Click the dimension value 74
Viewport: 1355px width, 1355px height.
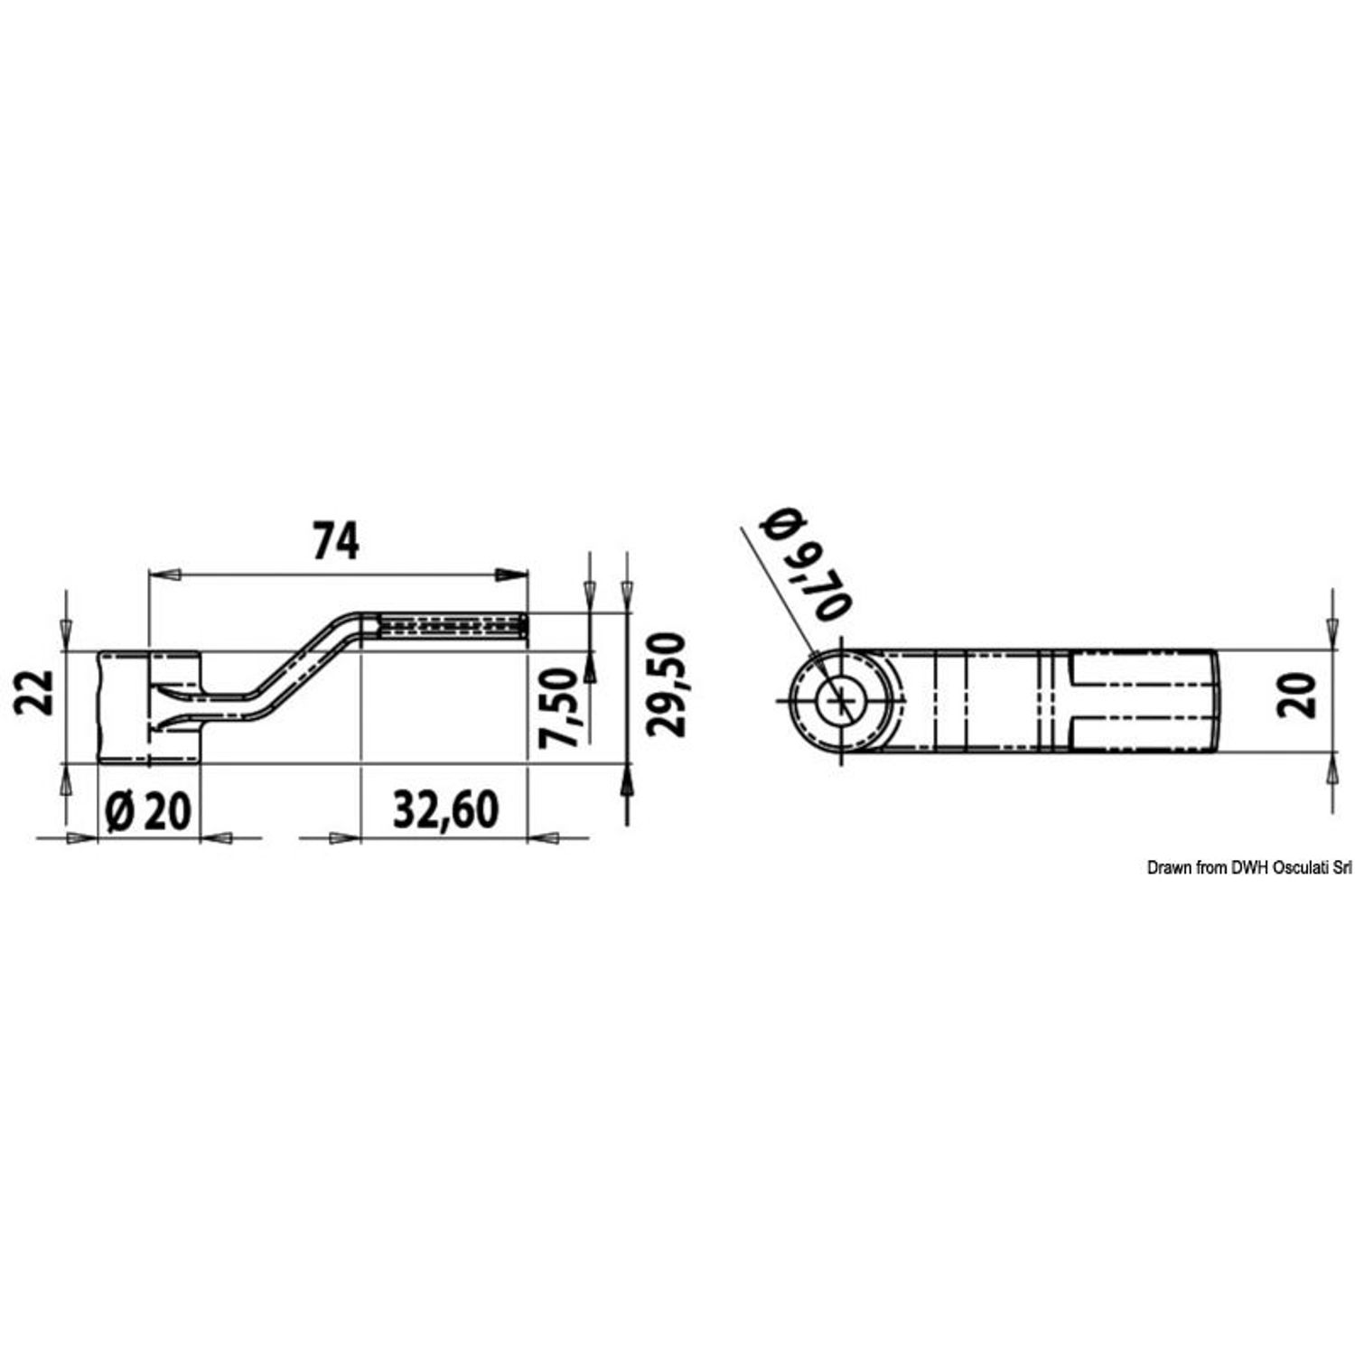coord(336,542)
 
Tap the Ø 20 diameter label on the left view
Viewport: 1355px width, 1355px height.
coord(149,811)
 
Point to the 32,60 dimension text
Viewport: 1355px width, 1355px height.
coord(445,810)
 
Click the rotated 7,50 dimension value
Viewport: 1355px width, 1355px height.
coord(558,707)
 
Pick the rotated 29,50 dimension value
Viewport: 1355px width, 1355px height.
coord(668,685)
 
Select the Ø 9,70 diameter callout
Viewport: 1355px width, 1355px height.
coord(805,565)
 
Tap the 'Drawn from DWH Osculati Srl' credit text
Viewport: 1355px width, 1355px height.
coord(1249,868)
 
